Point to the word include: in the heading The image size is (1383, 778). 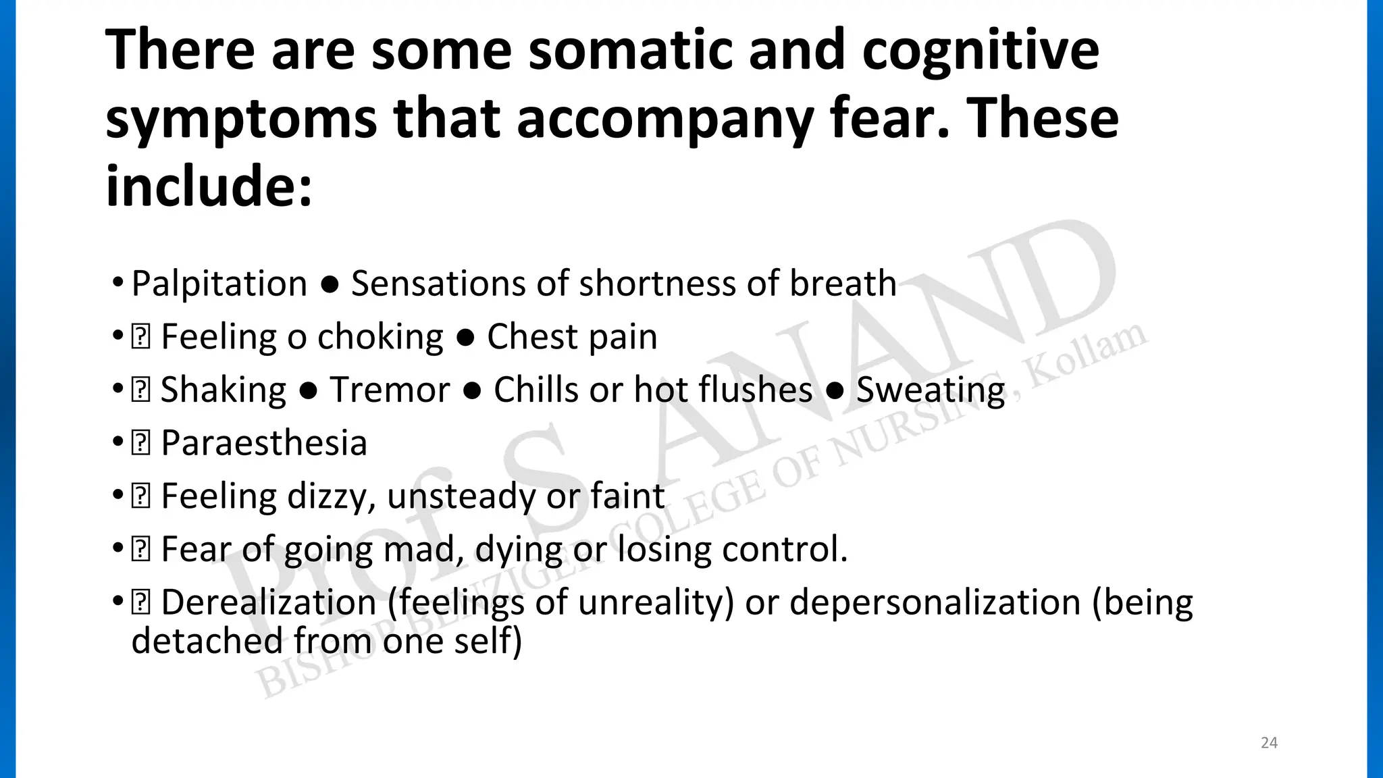209,186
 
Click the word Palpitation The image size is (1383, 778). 219,284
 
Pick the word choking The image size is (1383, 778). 380,336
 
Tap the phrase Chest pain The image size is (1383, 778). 572,336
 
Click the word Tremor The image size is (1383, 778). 390,390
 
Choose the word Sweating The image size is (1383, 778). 931,390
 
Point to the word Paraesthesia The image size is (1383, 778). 264,443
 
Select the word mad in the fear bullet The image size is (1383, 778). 423,549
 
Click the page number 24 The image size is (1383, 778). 1269,743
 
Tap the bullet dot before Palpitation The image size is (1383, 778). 118,282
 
